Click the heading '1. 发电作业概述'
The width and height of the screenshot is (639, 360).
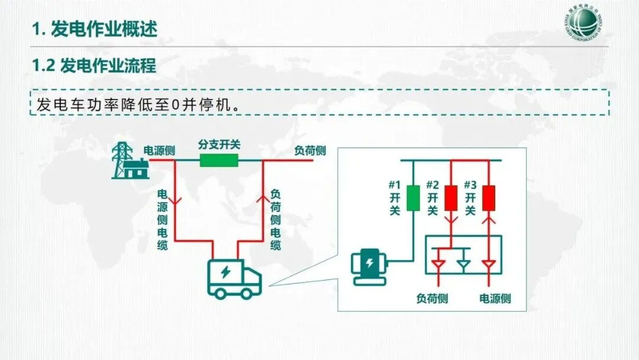pos(94,29)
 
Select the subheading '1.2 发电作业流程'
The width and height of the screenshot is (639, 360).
pos(94,66)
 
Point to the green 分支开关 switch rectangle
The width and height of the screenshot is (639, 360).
pos(219,160)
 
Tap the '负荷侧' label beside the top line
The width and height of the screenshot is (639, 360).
pos(310,150)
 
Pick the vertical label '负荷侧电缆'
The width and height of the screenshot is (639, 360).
pos(276,220)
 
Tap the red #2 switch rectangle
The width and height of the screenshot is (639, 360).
pos(451,198)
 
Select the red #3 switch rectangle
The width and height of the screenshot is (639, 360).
pos(489,198)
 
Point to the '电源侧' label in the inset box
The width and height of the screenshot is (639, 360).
pos(495,298)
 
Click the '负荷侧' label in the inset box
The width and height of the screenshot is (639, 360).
pos(433,298)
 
